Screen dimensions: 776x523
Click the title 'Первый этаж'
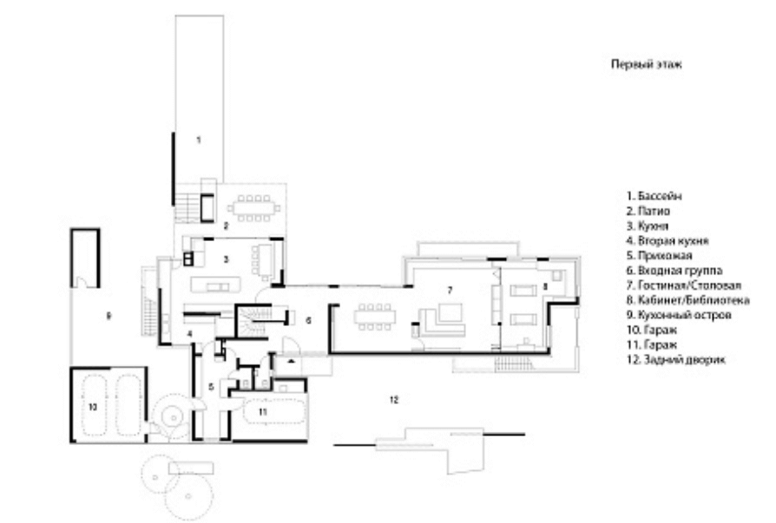tap(647, 64)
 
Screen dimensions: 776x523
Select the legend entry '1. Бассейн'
tap(654, 196)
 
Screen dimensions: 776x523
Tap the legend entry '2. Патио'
tap(648, 211)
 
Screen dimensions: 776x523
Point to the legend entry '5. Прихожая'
tap(659, 256)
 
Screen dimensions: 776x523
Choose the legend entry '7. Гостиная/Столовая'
tap(684, 285)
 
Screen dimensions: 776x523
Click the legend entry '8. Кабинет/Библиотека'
tap(688, 300)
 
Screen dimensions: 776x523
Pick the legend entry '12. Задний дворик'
tap(676, 359)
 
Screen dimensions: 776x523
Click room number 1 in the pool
tap(199, 140)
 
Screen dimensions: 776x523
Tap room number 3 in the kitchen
tap(227, 259)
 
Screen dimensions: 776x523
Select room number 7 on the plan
tap(450, 290)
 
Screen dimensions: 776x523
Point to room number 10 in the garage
tap(93, 407)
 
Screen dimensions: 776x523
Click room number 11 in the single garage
tap(263, 411)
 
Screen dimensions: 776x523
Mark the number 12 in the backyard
tap(393, 400)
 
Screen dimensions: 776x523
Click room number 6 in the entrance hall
tap(308, 321)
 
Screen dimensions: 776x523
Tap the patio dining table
tap(253, 209)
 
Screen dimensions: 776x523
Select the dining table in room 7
tap(375, 317)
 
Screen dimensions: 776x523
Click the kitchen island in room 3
tap(215, 285)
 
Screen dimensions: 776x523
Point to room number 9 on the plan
tap(109, 316)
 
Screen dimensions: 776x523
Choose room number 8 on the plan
tap(545, 285)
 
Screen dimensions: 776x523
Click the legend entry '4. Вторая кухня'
tap(667, 241)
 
